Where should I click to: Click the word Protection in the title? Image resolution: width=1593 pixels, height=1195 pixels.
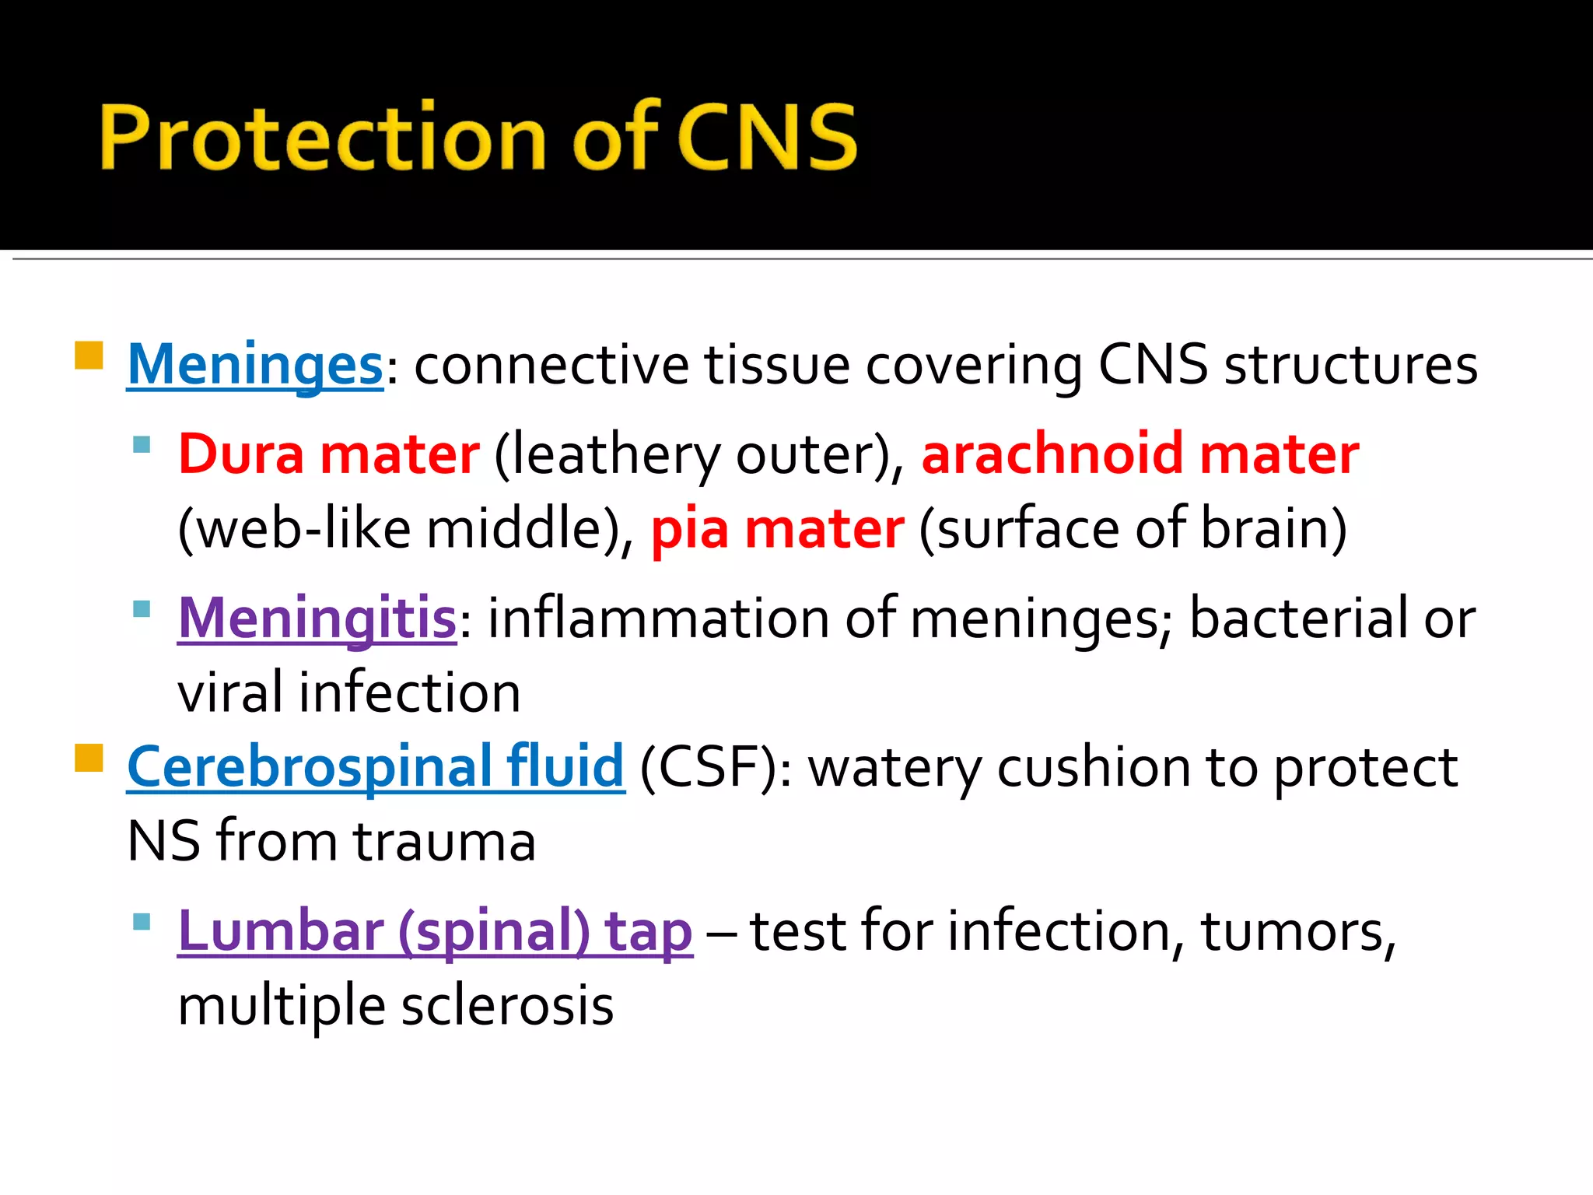(322, 137)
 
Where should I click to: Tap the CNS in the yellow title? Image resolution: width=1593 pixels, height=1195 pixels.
(768, 137)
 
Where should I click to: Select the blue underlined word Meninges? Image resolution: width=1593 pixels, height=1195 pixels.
(255, 364)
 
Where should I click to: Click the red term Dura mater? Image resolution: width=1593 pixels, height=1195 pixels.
(329, 454)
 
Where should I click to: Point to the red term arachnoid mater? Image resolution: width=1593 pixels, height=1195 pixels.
(1140, 454)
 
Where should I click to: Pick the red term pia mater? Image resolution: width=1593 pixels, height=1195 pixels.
(777, 529)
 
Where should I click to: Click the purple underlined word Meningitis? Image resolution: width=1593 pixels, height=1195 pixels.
(317, 619)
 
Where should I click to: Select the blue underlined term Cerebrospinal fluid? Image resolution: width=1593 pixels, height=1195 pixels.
(376, 767)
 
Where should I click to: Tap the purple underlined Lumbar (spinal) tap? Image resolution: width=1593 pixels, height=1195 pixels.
(435, 931)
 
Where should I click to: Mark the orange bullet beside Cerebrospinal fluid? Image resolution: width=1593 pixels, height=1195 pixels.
(89, 758)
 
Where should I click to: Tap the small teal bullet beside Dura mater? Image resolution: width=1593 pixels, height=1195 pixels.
(142, 445)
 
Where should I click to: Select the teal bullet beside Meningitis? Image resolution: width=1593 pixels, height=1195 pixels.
(142, 608)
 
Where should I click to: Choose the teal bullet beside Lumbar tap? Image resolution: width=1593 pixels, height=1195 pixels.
(142, 922)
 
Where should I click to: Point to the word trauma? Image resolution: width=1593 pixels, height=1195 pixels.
(444, 842)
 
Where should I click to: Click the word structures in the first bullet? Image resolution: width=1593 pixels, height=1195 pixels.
(1350, 364)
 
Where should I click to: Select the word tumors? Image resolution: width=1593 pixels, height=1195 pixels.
(1297, 931)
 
